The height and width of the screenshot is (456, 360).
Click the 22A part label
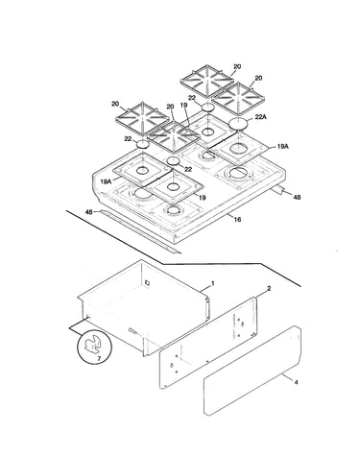point(261,117)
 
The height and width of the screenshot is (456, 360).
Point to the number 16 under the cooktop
point(237,220)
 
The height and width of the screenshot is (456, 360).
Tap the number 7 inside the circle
point(99,359)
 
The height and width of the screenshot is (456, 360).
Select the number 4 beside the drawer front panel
point(296,382)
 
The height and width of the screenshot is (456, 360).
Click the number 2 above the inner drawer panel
point(269,289)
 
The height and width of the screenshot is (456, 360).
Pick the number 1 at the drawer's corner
point(212,283)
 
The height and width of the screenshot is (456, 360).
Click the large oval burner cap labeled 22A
point(239,124)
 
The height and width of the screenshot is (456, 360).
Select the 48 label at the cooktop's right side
point(297,198)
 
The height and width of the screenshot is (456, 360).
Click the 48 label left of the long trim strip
point(89,212)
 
